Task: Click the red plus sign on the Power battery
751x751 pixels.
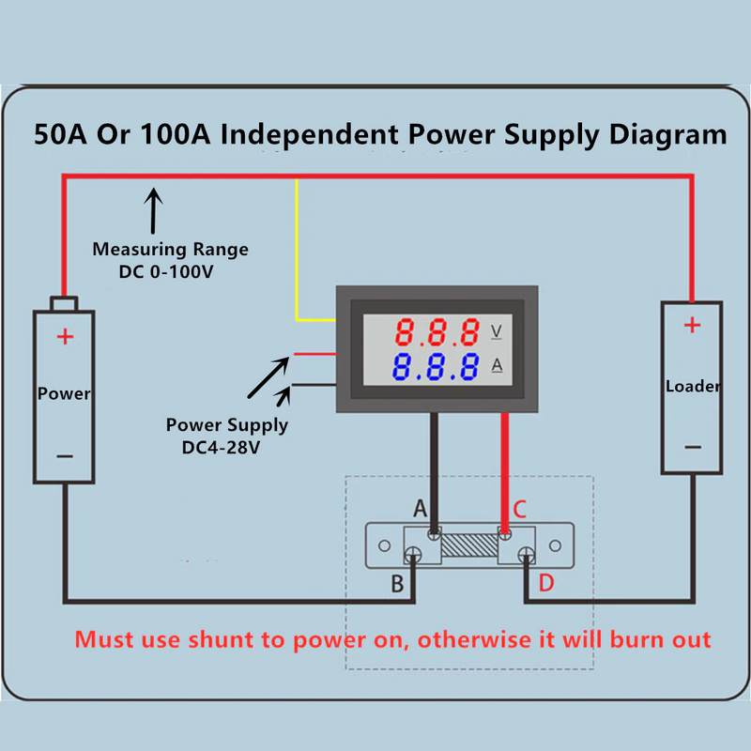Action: click(x=64, y=336)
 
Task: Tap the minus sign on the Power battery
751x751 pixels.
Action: click(x=64, y=456)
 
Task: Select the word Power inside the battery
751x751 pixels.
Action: click(x=64, y=393)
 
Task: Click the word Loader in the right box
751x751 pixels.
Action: click(x=693, y=386)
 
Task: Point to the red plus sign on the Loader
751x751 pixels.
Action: click(x=692, y=326)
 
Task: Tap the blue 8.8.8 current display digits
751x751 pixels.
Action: click(x=437, y=366)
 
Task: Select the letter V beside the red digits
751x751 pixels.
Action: click(x=497, y=331)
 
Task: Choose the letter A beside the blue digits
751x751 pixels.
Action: click(x=497, y=366)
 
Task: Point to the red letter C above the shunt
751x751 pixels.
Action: click(x=519, y=510)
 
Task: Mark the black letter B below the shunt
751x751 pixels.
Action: click(x=397, y=584)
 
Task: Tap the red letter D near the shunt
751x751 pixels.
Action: click(x=546, y=583)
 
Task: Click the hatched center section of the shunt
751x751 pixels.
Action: click(x=469, y=545)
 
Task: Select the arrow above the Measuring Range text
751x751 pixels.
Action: click(x=153, y=209)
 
